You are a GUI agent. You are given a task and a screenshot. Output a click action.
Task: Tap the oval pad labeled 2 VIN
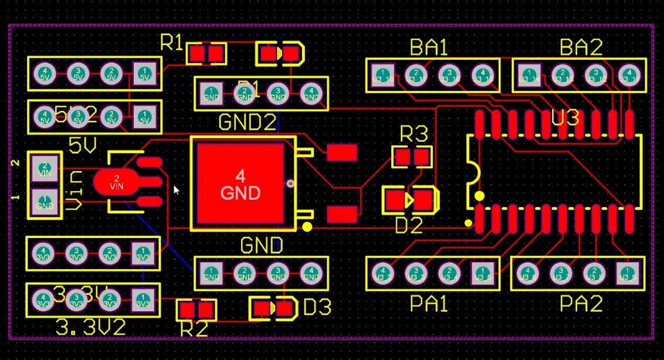117,181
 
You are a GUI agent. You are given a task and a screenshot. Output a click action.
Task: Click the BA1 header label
429,47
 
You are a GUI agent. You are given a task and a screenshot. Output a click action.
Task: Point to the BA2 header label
581,47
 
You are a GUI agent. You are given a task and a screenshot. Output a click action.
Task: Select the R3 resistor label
414,134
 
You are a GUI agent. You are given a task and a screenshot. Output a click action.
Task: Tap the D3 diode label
317,307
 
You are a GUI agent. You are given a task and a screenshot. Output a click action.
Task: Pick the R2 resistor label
194,329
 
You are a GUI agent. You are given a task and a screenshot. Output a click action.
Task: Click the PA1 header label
429,304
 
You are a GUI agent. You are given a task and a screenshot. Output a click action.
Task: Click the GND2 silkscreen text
247,122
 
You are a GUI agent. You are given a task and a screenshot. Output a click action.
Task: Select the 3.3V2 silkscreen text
90,327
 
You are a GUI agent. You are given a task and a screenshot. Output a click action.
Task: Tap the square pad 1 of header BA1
382,75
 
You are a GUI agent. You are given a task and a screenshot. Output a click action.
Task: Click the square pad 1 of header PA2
627,272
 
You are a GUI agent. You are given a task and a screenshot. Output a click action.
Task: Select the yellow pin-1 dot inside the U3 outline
480,196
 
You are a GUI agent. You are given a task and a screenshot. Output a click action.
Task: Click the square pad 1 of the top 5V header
144,74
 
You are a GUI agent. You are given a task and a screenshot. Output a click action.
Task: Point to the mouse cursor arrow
176,189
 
